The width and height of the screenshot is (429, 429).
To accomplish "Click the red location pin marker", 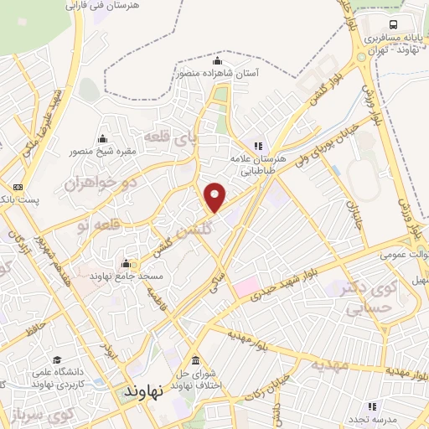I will click(215, 197).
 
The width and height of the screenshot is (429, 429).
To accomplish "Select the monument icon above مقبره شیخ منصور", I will click(102, 139).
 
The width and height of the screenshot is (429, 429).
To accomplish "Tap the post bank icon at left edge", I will click(17, 188).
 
